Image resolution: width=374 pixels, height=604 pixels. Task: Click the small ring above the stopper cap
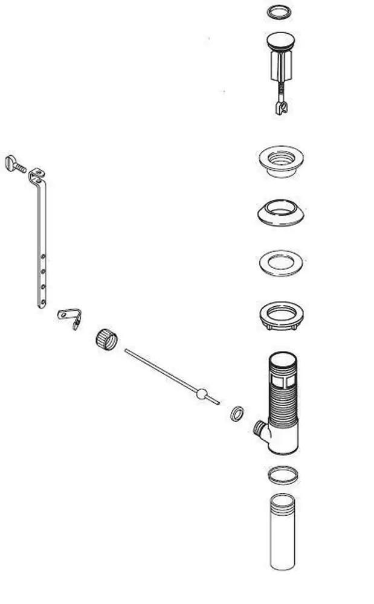(280, 12)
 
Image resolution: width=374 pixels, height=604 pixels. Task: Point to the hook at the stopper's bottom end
(279, 108)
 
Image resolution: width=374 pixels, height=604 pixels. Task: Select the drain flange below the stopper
(280, 161)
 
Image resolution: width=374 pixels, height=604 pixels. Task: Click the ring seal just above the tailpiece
(282, 475)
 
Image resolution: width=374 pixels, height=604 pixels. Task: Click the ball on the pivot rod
(202, 394)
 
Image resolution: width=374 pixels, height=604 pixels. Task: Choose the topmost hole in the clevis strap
(42, 257)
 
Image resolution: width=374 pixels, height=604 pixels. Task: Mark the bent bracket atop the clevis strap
(37, 176)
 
